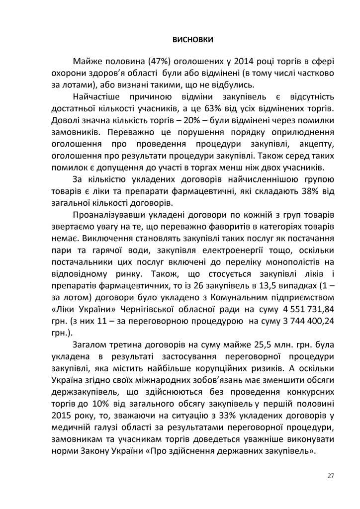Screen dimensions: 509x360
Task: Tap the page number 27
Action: click(x=331, y=475)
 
